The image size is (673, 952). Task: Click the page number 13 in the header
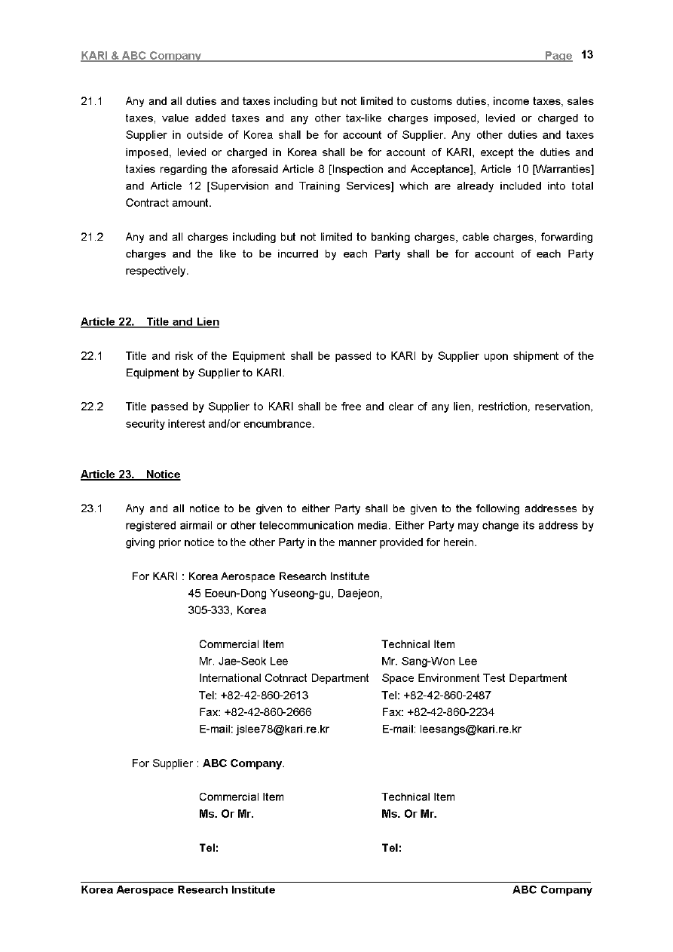(588, 55)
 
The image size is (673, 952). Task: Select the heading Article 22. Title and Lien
(150, 322)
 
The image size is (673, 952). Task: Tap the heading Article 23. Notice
(130, 474)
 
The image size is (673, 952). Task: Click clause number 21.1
(91, 101)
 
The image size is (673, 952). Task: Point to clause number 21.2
(91, 237)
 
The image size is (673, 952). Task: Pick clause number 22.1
(91, 356)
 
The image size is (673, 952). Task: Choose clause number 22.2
(91, 407)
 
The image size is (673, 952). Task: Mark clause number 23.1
(91, 508)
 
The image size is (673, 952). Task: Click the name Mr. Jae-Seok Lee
(243, 662)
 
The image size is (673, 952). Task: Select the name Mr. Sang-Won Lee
(429, 662)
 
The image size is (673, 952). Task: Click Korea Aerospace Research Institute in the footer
(178, 890)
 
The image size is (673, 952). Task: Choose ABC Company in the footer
(552, 890)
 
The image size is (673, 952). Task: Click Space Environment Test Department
(474, 678)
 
